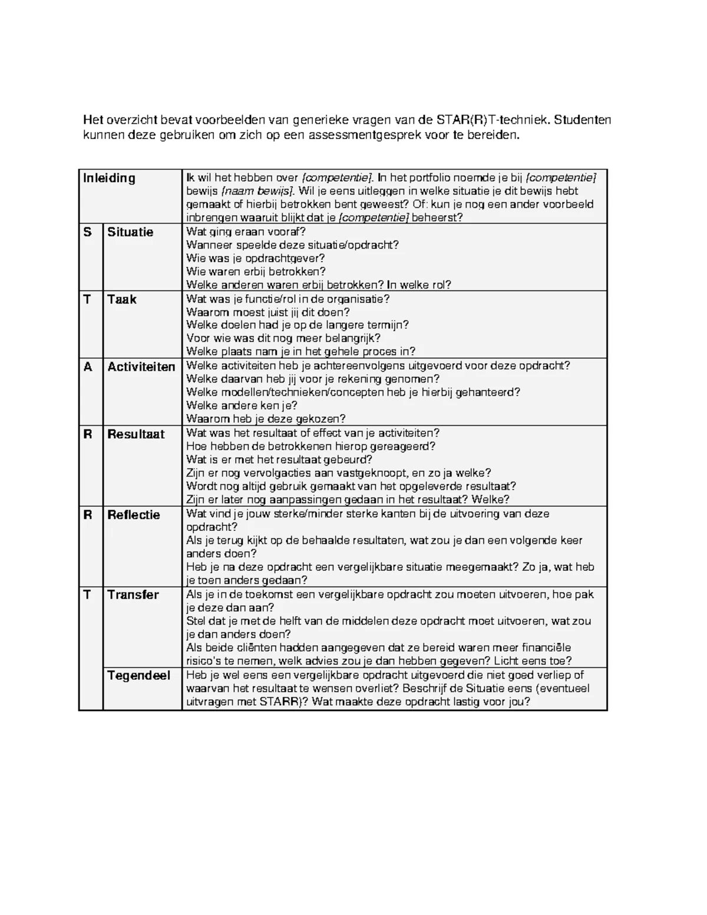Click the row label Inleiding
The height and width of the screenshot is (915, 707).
click(x=109, y=178)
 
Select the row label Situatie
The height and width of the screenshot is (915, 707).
click(x=130, y=232)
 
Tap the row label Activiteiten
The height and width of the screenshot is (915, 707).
click(x=141, y=367)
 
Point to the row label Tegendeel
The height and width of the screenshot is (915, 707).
click(x=138, y=675)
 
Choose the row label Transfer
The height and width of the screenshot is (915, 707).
click(x=133, y=594)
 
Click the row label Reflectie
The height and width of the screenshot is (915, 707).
click(x=134, y=514)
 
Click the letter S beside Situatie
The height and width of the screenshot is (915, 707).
click(x=88, y=232)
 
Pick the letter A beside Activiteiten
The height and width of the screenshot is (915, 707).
click(x=88, y=367)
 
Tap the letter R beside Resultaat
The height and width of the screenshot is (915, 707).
click(x=88, y=434)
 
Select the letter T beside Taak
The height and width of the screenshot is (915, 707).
click(x=87, y=299)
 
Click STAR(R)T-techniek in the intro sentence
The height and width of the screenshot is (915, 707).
click(x=493, y=120)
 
